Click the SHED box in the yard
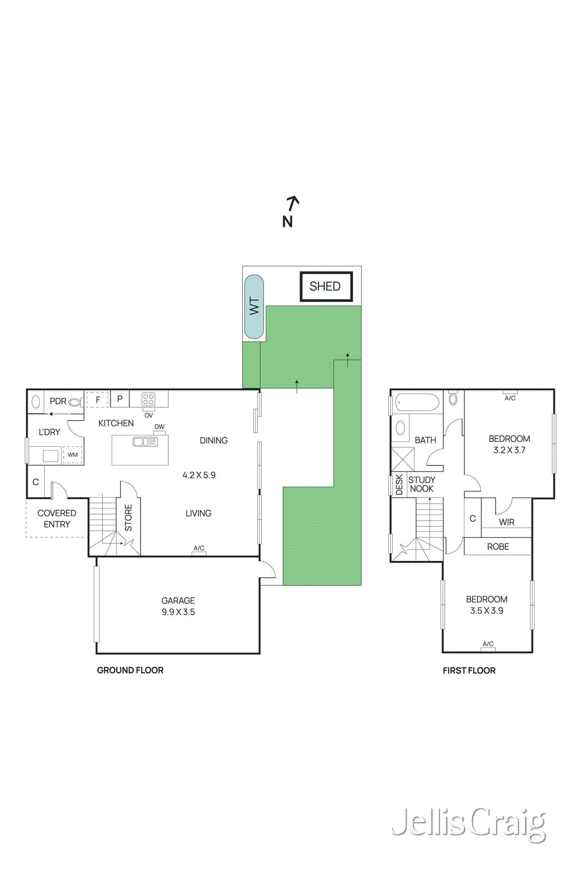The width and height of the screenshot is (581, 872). [x=326, y=287]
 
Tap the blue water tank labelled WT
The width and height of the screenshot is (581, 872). [x=254, y=306]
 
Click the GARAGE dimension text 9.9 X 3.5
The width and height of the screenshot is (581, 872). [x=178, y=612]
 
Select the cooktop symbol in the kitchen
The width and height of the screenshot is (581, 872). [x=148, y=399]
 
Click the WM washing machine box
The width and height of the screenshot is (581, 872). [x=72, y=455]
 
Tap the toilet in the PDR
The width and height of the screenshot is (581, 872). [x=75, y=402]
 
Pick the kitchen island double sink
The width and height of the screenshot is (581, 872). [x=145, y=442]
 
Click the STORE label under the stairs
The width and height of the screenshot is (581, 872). [x=129, y=518]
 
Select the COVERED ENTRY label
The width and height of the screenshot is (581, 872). [x=57, y=519]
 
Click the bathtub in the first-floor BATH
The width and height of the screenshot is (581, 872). [x=417, y=403]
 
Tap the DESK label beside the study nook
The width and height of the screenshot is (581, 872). [x=399, y=485]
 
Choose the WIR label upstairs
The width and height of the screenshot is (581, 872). [x=506, y=522]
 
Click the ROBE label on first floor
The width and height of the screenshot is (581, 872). [x=498, y=547]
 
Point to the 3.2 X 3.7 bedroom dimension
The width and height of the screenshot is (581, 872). [x=509, y=450]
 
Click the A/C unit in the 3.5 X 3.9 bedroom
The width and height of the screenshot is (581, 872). [x=488, y=646]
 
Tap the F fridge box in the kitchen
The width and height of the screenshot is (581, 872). [x=98, y=399]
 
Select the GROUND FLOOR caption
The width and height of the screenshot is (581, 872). [x=130, y=670]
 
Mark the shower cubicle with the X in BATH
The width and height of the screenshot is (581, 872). [x=402, y=458]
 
